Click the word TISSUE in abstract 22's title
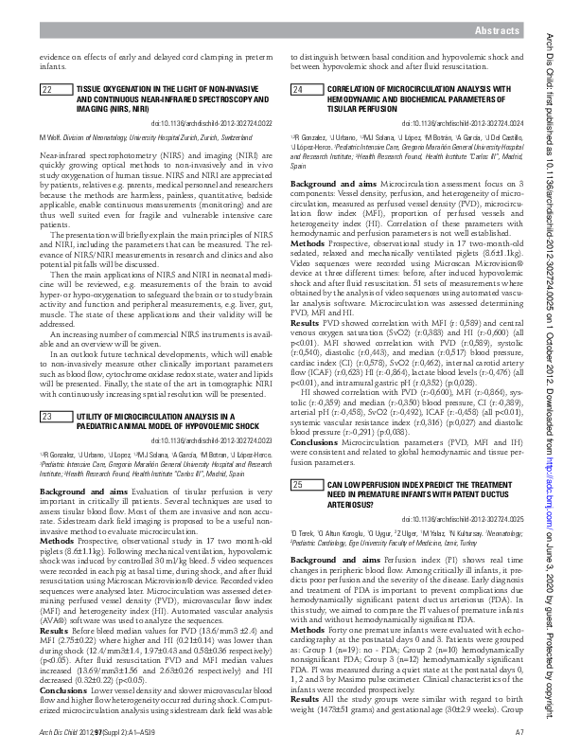pyautogui.click(x=88, y=90)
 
